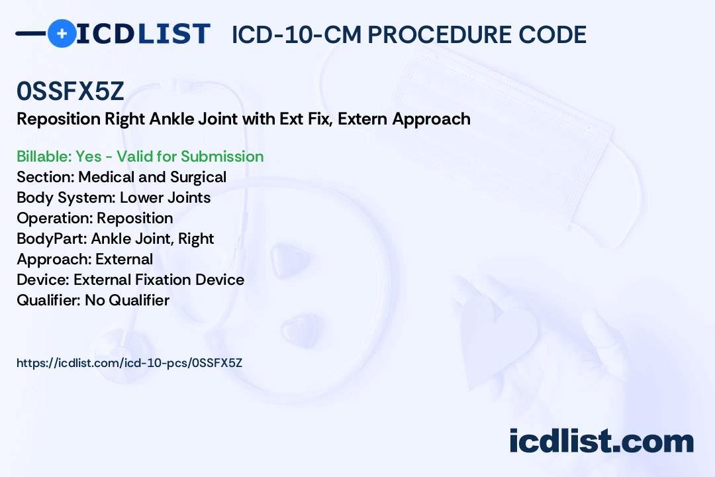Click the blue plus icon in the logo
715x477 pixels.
[62, 33]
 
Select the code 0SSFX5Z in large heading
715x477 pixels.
[70, 91]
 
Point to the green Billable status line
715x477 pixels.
[140, 156]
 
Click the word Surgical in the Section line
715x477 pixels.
[198, 178]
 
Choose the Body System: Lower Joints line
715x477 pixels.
[114, 197]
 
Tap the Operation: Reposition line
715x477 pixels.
[95, 218]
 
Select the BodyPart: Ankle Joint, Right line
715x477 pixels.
[115, 238]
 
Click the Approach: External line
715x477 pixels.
[85, 259]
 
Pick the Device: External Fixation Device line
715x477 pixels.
[130, 280]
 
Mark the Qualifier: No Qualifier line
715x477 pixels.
[93, 300]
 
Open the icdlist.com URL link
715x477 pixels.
[130, 363]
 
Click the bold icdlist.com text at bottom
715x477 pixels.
[601, 441]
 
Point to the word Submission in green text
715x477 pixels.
[222, 156]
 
